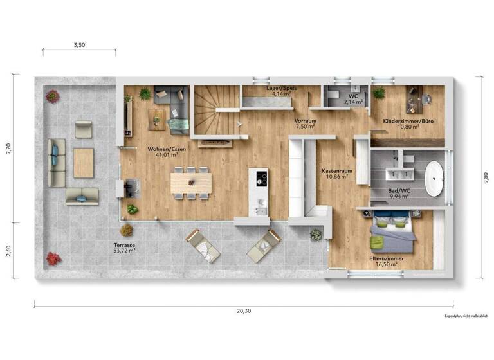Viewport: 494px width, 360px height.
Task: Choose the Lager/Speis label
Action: pyautogui.click(x=281, y=90)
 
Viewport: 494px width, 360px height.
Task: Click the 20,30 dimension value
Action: pyautogui.click(x=243, y=311)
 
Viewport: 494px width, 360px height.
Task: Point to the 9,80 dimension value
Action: pyautogui.click(x=484, y=177)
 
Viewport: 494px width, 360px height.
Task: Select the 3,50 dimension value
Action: pyautogui.click(x=79, y=45)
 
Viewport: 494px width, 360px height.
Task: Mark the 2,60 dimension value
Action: pyautogui.click(x=9, y=251)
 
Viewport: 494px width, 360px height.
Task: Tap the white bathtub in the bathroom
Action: pyautogui.click(x=435, y=178)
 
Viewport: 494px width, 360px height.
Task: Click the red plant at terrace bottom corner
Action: pyautogui.click(x=53, y=258)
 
